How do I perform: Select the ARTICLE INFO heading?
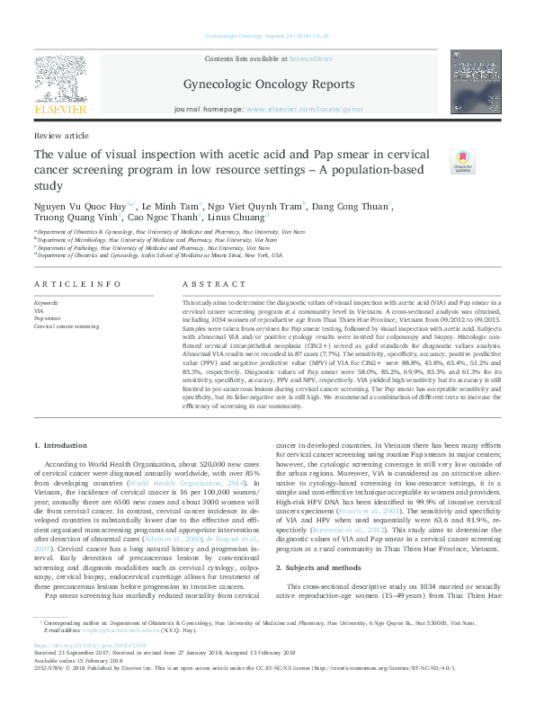pyautogui.click(x=77, y=283)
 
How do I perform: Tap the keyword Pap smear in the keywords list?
pyautogui.click(x=50, y=318)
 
